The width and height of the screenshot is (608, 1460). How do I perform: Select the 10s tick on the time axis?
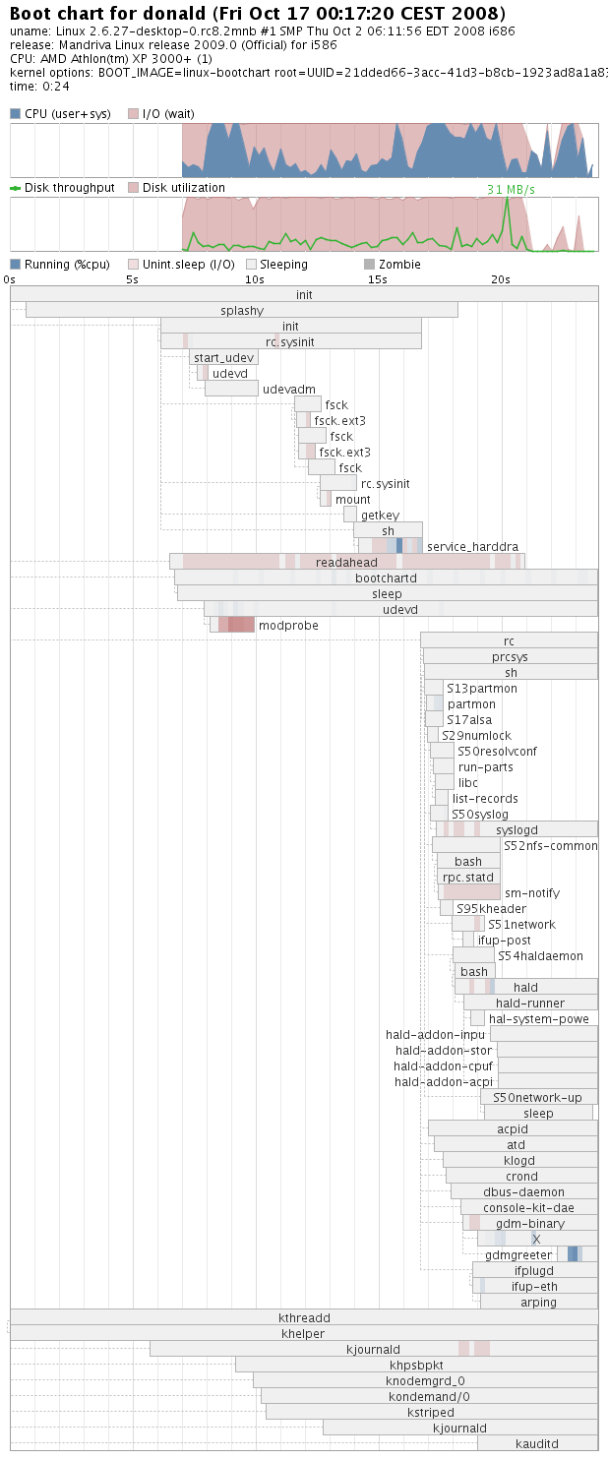click(x=255, y=279)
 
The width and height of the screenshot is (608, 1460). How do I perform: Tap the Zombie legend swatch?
click(x=369, y=265)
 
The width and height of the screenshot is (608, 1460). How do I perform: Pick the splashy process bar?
click(x=242, y=311)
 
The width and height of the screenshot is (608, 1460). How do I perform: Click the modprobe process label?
click(x=288, y=626)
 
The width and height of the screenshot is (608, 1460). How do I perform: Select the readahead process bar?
click(x=346, y=563)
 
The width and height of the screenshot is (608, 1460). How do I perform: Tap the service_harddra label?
click(x=472, y=547)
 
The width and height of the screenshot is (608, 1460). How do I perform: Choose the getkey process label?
click(x=380, y=516)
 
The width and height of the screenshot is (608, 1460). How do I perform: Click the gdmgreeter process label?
click(x=518, y=1255)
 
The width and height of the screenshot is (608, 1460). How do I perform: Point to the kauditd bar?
click(x=537, y=1444)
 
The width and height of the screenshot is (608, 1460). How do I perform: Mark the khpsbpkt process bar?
click(x=416, y=1366)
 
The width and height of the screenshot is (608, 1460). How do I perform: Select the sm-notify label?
click(x=532, y=893)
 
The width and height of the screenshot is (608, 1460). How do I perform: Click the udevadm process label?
click(x=289, y=390)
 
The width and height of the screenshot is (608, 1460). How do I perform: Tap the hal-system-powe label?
click(x=539, y=1019)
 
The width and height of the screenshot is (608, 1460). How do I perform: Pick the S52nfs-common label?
click(x=550, y=846)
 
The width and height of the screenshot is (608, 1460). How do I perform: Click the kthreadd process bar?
click(x=304, y=1318)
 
